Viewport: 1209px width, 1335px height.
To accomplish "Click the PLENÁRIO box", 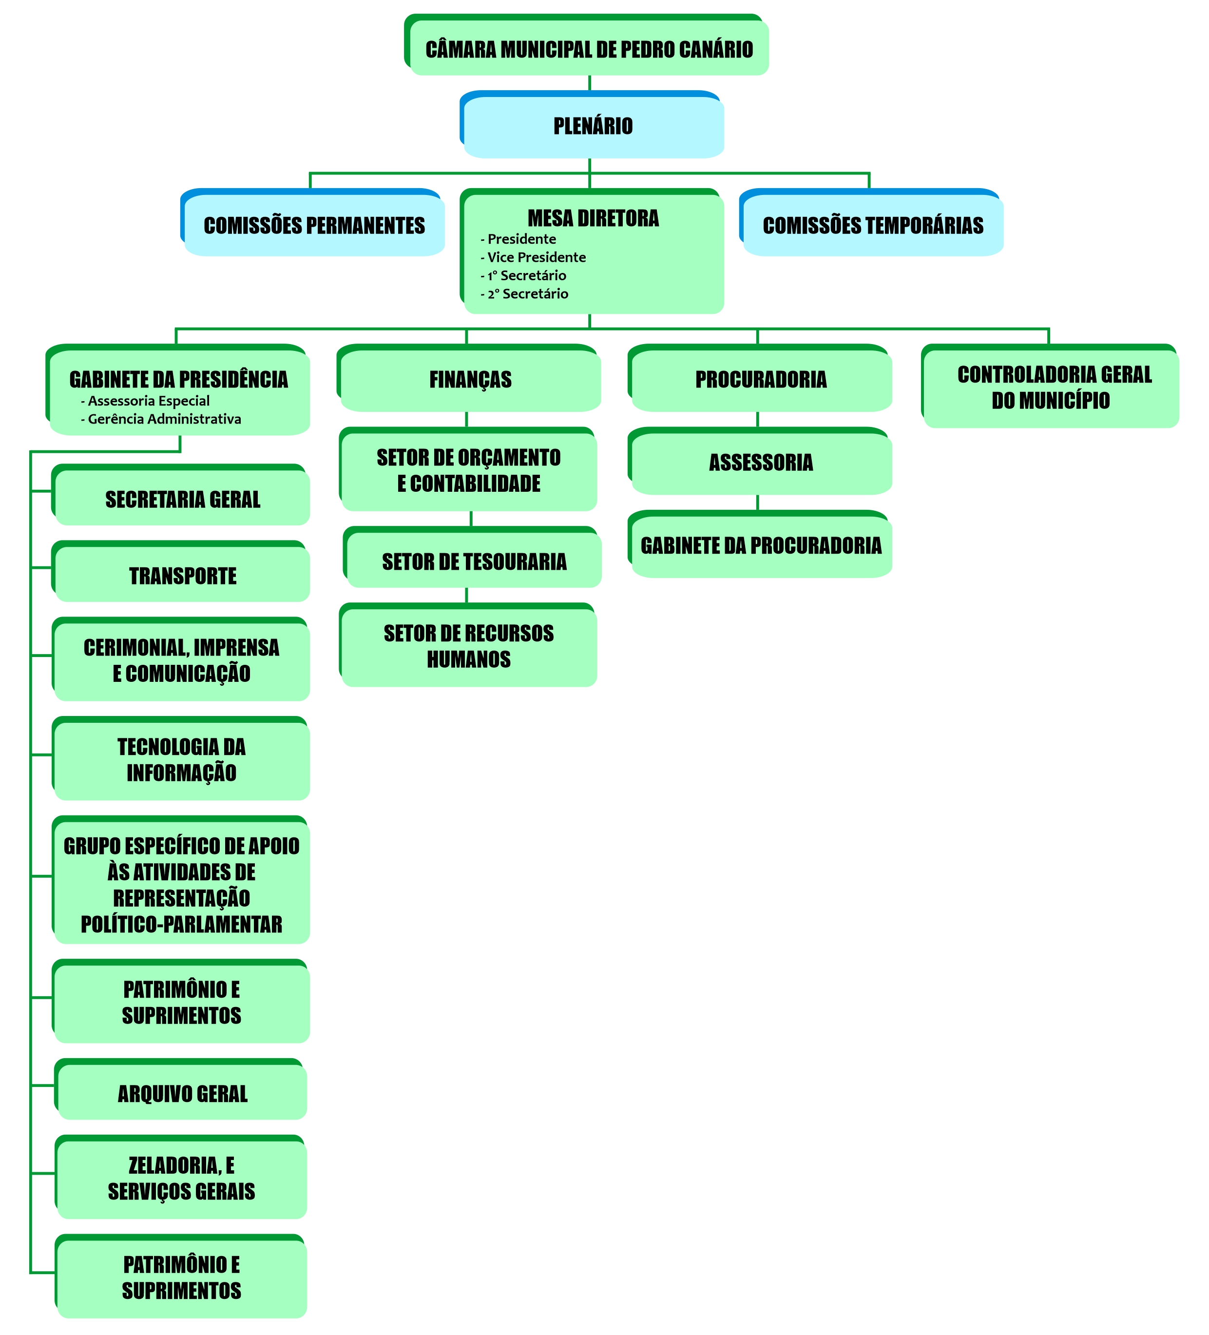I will tap(593, 126).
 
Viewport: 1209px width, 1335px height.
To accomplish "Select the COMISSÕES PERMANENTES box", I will tap(314, 225).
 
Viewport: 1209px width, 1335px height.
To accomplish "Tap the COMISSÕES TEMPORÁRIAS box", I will tap(873, 225).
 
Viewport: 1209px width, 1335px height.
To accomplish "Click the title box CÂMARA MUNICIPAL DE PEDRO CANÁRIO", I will tap(589, 49).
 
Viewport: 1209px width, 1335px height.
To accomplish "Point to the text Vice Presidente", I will tap(537, 257).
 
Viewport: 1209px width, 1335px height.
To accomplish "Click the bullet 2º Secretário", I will tap(528, 293).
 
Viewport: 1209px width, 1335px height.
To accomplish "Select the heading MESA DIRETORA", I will tap(593, 218).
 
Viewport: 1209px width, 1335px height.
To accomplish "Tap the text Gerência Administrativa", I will tap(164, 419).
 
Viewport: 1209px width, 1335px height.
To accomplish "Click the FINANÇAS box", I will tap(470, 379).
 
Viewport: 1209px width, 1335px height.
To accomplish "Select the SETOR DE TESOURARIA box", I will tap(474, 561).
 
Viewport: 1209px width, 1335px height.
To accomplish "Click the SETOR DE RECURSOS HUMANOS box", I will tap(469, 646).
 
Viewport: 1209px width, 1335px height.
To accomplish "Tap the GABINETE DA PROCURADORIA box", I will tap(761, 546).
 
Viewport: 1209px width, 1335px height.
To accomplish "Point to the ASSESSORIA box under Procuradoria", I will tap(761, 462).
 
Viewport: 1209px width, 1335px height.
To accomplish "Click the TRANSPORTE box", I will tap(182, 576).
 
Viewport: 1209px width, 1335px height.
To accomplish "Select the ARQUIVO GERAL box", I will tap(182, 1093).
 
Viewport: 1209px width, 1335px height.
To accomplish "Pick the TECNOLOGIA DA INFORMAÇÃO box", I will tap(181, 759).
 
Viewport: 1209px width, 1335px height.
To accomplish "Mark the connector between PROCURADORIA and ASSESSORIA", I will tap(757, 419).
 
